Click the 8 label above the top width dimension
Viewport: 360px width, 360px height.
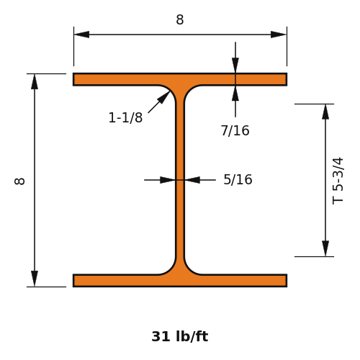[x=180, y=19]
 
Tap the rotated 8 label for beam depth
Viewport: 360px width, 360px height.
[x=19, y=181]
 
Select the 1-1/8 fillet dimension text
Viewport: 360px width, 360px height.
[x=125, y=117]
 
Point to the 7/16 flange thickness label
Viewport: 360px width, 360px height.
[x=235, y=130]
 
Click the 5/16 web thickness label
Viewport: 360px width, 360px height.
[x=238, y=179]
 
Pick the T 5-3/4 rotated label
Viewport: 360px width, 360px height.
[x=338, y=181]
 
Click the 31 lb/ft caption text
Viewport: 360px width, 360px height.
[x=180, y=336]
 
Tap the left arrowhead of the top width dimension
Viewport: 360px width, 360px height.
[x=81, y=35]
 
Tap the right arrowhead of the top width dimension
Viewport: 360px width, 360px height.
[x=279, y=35]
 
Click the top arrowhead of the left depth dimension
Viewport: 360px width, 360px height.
[x=35, y=81]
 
